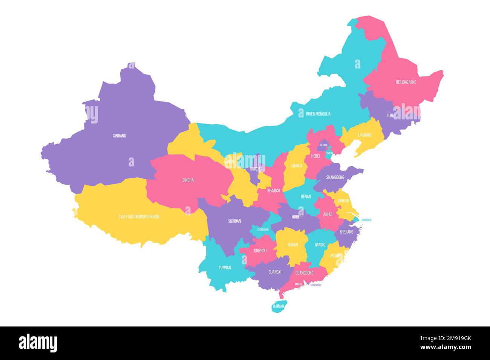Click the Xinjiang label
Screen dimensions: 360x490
click(119, 136)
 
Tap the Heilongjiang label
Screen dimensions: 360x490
click(406, 82)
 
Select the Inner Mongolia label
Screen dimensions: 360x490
click(318, 114)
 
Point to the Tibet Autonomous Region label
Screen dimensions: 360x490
click(139, 217)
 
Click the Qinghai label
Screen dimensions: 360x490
click(188, 180)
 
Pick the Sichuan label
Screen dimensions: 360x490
click(234, 221)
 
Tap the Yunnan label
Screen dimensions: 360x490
click(225, 268)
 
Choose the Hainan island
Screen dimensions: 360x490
click(278, 307)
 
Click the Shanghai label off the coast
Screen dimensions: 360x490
click(366, 220)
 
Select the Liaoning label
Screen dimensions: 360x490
click(364, 135)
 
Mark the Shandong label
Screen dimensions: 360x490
click(335, 177)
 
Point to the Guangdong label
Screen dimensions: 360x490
click(304, 273)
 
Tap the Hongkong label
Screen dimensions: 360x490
click(316, 285)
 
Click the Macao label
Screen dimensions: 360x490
click(299, 284)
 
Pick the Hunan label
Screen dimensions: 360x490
click(292, 245)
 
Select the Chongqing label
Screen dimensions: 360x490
click(263, 229)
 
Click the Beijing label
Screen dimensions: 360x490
click(323, 145)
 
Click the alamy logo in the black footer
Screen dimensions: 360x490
click(38, 343)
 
